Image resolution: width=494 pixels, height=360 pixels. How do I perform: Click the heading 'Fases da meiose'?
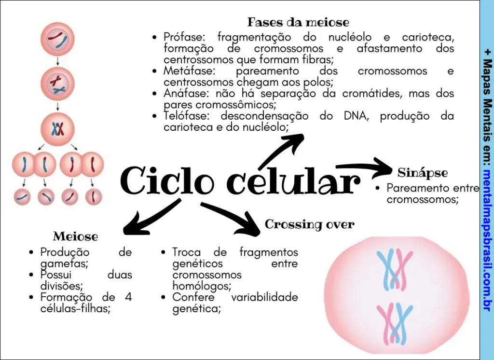pyautogui.click(x=298, y=22)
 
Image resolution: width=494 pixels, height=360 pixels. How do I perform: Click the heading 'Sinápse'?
pyautogui.click(x=423, y=173)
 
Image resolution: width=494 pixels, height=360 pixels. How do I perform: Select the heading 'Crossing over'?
pyautogui.click(x=309, y=224)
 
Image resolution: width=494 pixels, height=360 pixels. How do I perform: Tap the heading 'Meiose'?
pyautogui.click(x=75, y=236)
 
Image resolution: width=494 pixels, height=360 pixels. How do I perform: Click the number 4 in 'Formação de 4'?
pyautogui.click(x=128, y=297)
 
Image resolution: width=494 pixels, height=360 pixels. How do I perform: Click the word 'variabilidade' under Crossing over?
pyautogui.click(x=264, y=297)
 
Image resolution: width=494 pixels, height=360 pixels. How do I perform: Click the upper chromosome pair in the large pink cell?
pyautogui.click(x=394, y=268)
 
